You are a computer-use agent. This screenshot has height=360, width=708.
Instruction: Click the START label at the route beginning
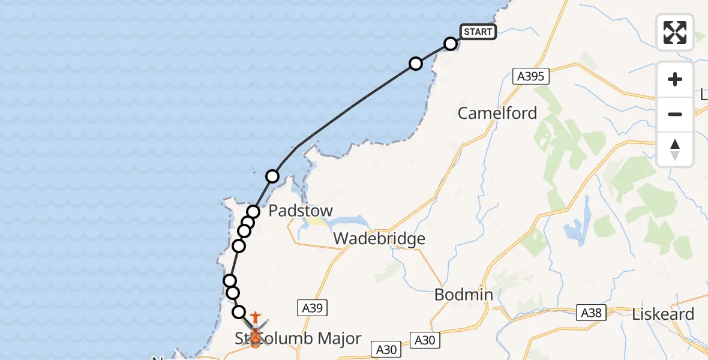pyautogui.click(x=478, y=32)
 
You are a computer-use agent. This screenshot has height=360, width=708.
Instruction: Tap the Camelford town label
pyautogui.click(x=497, y=113)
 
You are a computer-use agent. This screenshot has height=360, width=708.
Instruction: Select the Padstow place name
pyautogui.click(x=301, y=211)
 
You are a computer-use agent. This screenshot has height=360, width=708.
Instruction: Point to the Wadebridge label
pyautogui.click(x=379, y=238)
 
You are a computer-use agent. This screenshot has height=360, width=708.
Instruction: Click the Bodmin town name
pyautogui.click(x=463, y=295)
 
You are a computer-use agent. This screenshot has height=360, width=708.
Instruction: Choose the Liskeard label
pyautogui.click(x=663, y=314)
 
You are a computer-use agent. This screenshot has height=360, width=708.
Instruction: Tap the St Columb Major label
pyautogui.click(x=298, y=338)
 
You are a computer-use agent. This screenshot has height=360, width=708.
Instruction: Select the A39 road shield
pyautogui.click(x=312, y=308)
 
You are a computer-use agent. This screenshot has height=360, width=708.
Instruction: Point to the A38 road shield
pyautogui.click(x=591, y=312)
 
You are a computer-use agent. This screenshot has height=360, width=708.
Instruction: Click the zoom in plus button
pyautogui.click(x=675, y=79)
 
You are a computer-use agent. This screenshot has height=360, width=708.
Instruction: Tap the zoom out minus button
pyautogui.click(x=675, y=114)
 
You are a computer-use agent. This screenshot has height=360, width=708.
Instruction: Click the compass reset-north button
pyautogui.click(x=675, y=149)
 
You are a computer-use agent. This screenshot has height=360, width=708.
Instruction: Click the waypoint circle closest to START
pyautogui.click(x=451, y=43)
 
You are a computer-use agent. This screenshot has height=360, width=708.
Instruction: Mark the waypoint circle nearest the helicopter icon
pyautogui.click(x=239, y=312)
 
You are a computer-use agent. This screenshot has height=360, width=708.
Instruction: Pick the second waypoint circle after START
pyautogui.click(x=415, y=64)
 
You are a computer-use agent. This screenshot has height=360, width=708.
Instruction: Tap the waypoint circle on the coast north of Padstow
pyautogui.click(x=272, y=176)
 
